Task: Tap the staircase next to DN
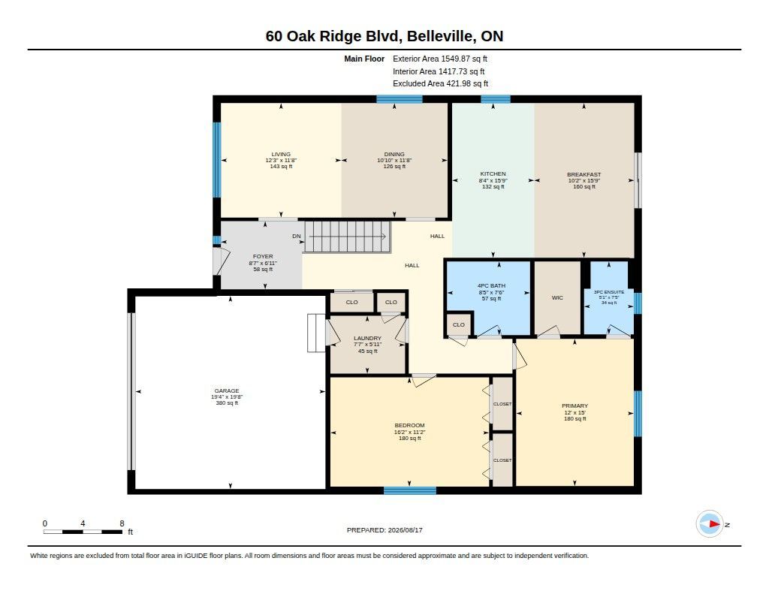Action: pos(347,237)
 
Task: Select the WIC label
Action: pos(557,297)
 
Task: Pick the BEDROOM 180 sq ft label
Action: pos(409,432)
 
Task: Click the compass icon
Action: pos(710,524)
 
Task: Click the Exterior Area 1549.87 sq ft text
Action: pos(440,59)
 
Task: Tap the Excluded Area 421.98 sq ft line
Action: pos(440,84)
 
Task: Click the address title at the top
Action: pos(384,36)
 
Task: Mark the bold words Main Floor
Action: pos(364,59)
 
